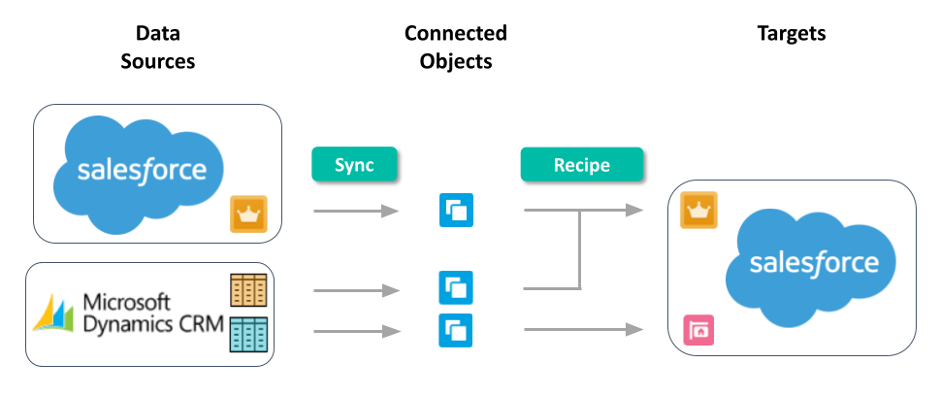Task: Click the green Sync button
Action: coord(354,165)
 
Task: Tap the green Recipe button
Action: coord(581,165)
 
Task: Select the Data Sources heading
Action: coord(156,48)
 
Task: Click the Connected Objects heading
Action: coord(455,48)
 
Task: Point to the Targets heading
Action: coord(791,34)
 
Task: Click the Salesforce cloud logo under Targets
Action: coord(812,261)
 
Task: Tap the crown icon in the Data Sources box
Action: coord(246,214)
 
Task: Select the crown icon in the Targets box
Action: coord(698,209)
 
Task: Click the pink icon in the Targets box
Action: coord(698,330)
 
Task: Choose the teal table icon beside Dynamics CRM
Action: coord(247,333)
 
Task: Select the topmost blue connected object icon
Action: coord(456,211)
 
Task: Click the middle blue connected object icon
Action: coord(456,287)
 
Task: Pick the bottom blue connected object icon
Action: coord(456,330)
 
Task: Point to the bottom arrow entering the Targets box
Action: coord(582,330)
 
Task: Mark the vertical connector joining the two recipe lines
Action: coord(579,249)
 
